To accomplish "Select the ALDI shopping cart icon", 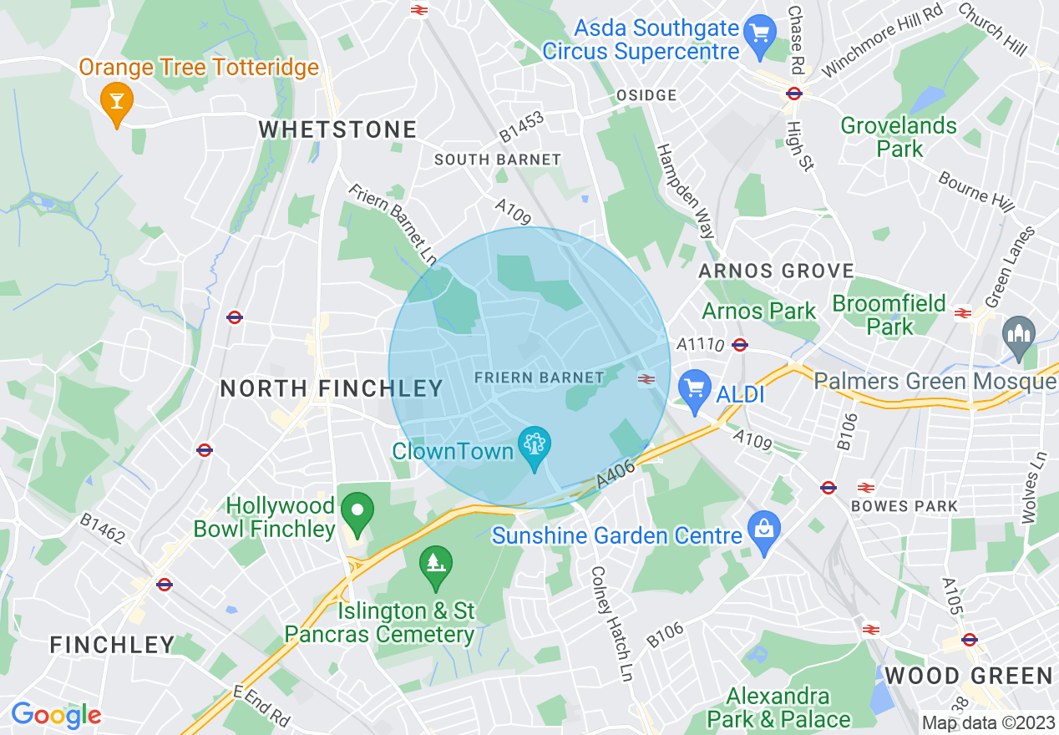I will [x=694, y=388].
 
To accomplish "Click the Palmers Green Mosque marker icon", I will [x=1020, y=334].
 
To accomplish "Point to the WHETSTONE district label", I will [x=337, y=129].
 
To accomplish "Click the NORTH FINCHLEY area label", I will [x=332, y=388].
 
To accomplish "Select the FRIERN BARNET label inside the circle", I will [x=539, y=378].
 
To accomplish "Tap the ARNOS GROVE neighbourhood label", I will [x=776, y=271].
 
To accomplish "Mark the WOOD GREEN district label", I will [x=969, y=676].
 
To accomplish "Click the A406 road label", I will [x=616, y=475].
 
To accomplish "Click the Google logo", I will [x=56, y=715].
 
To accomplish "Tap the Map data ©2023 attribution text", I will [x=987, y=722].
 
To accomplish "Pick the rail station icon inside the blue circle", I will [x=645, y=379].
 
